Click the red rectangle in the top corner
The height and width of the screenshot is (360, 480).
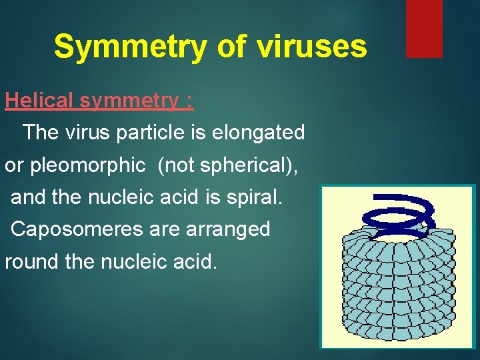tap(424, 28)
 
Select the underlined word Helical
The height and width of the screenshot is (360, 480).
tap(39, 101)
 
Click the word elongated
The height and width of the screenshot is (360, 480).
tap(258, 133)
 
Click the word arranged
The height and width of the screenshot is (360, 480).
tap(230, 229)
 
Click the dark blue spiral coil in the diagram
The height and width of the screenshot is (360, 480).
tap(397, 213)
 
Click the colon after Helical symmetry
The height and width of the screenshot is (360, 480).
tap(190, 102)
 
